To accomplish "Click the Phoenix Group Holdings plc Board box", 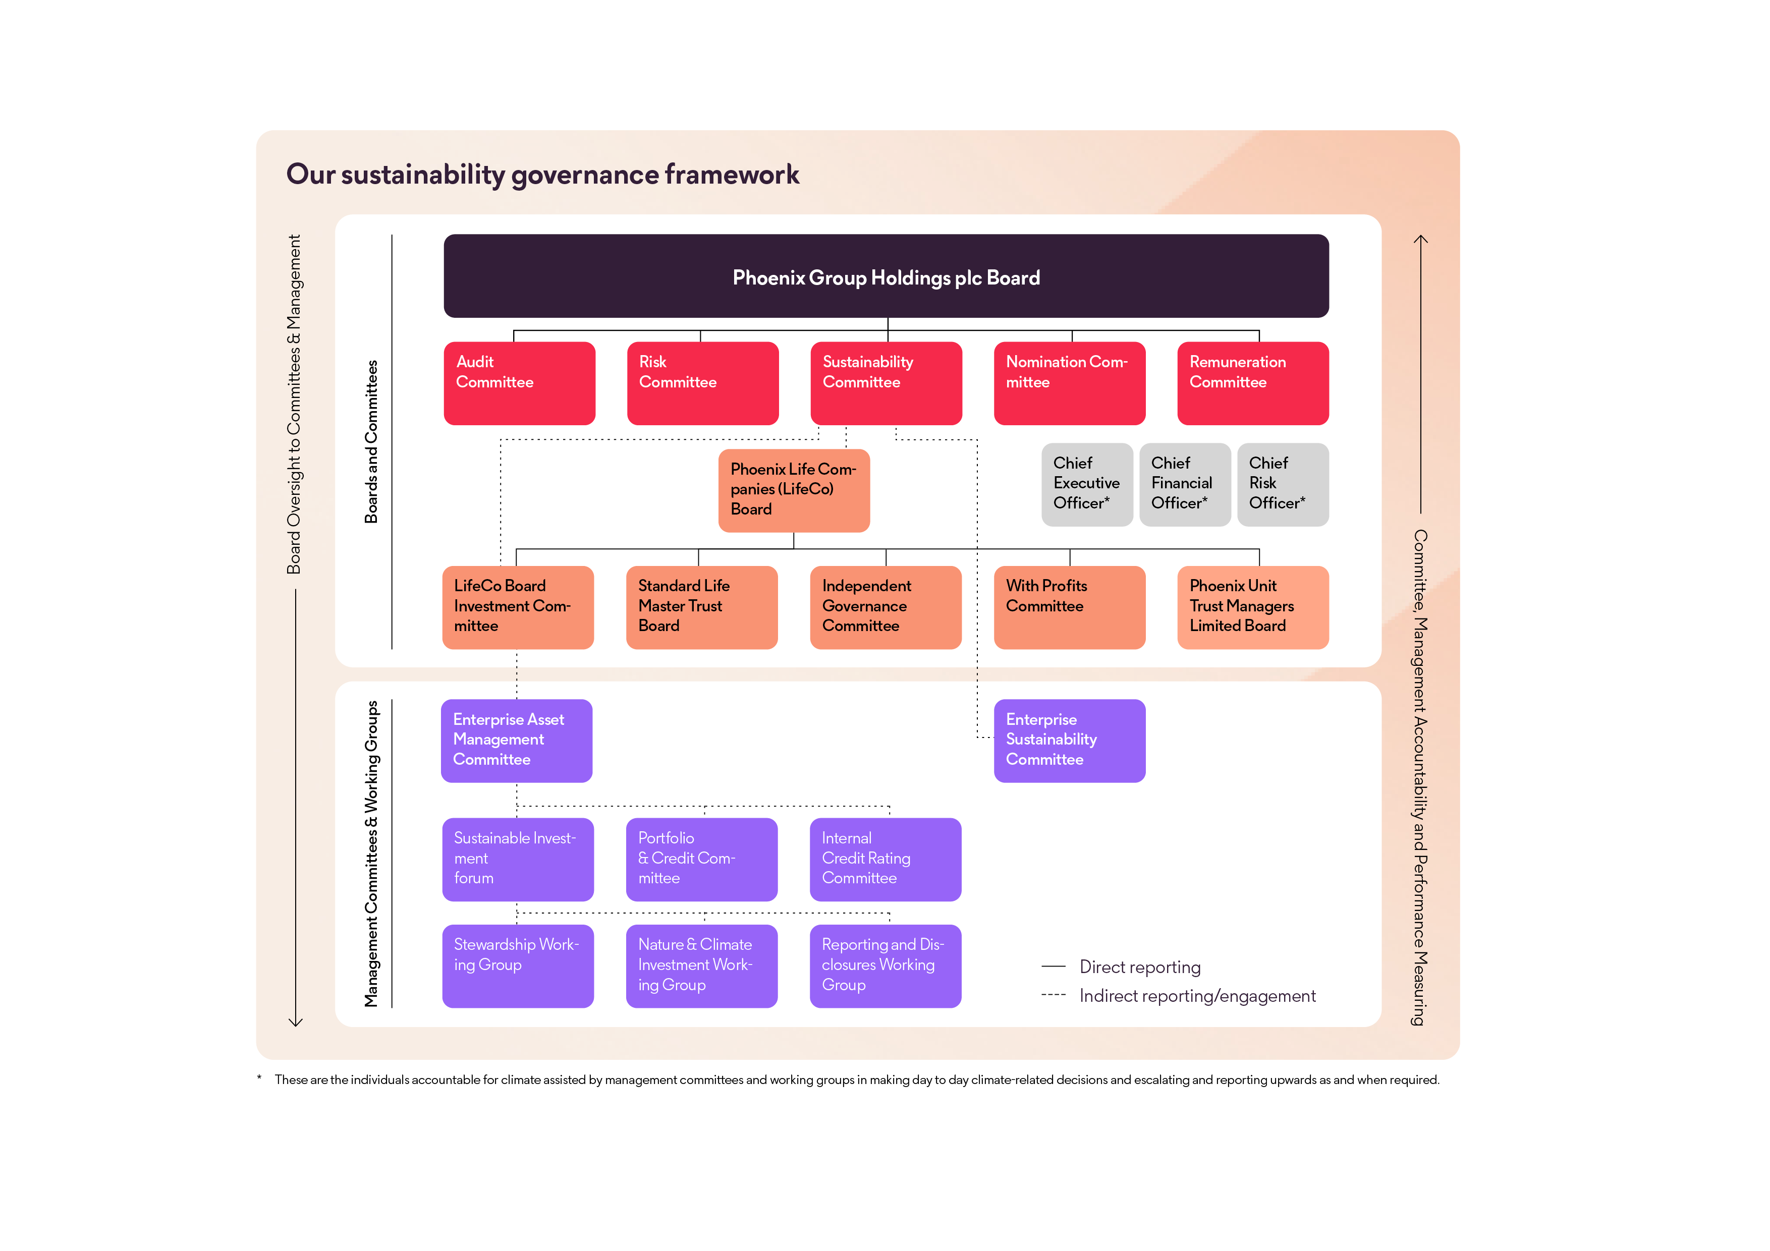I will pyautogui.click(x=886, y=276).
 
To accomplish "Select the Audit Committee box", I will pyautogui.click(x=519, y=383).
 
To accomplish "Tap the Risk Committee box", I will pyautogui.click(x=702, y=383).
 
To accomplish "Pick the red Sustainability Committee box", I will pyautogui.click(x=886, y=383).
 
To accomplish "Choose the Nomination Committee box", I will pyautogui.click(x=1069, y=383).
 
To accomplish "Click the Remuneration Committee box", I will pyautogui.click(x=1253, y=383).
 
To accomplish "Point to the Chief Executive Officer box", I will pyautogui.click(x=1086, y=484).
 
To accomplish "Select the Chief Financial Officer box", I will pyautogui.click(x=1184, y=484).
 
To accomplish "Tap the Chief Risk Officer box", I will pyautogui.click(x=1282, y=484).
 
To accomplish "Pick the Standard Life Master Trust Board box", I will pyautogui.click(x=701, y=607).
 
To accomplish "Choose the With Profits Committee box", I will pyautogui.click(x=1069, y=607).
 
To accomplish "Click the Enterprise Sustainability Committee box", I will pyautogui.click(x=1069, y=740).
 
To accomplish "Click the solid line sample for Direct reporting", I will pyautogui.click(x=1053, y=966).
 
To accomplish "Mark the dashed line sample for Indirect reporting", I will pyautogui.click(x=1053, y=995).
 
